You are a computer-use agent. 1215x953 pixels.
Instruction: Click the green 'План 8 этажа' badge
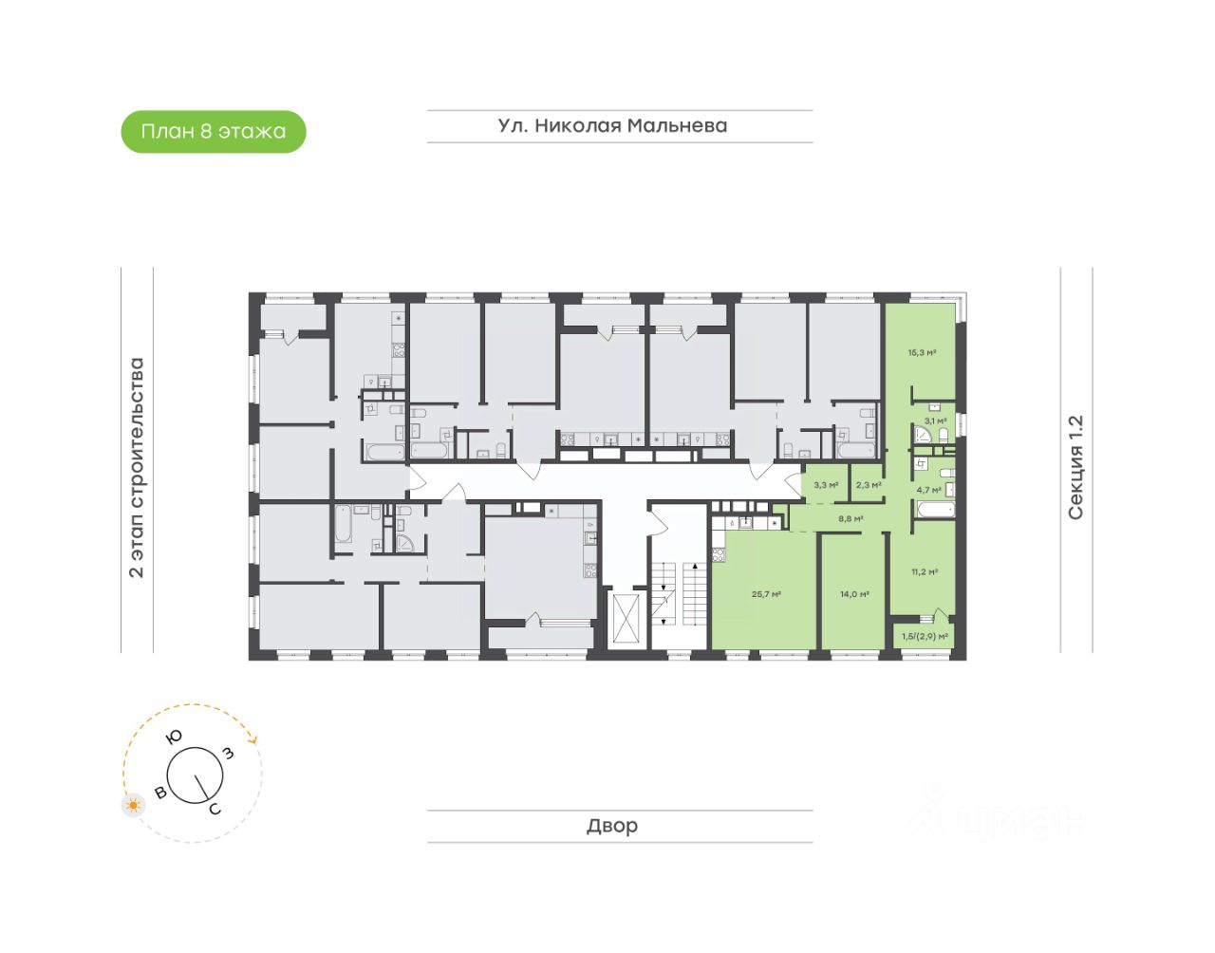[x=214, y=132]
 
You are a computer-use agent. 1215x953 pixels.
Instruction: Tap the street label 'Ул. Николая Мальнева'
[x=612, y=125]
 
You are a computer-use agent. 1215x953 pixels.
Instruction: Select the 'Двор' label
[x=612, y=826]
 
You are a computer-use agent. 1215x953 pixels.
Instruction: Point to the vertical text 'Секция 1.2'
[x=1075, y=467]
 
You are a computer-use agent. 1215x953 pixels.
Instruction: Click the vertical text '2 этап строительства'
[x=137, y=467]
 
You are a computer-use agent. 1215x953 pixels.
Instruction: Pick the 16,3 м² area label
[x=922, y=353]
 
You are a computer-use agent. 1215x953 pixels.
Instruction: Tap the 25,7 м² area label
[x=766, y=594]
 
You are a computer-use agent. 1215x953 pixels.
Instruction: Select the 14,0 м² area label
[x=854, y=594]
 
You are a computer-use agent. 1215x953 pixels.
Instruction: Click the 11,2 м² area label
[x=925, y=571]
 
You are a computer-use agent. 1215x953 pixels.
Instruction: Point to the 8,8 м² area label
[x=850, y=519]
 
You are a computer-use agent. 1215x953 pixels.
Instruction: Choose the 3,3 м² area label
[x=826, y=485]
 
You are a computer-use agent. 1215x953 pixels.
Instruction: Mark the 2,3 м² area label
[x=869, y=485]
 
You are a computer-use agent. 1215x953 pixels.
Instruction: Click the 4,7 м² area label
[x=928, y=491]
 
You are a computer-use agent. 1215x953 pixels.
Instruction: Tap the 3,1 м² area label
[x=935, y=420]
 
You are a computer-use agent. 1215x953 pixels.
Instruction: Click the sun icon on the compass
[x=134, y=806]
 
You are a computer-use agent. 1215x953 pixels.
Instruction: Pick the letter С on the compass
[x=215, y=809]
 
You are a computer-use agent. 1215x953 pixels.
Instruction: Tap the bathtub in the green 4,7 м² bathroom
[x=934, y=512]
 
